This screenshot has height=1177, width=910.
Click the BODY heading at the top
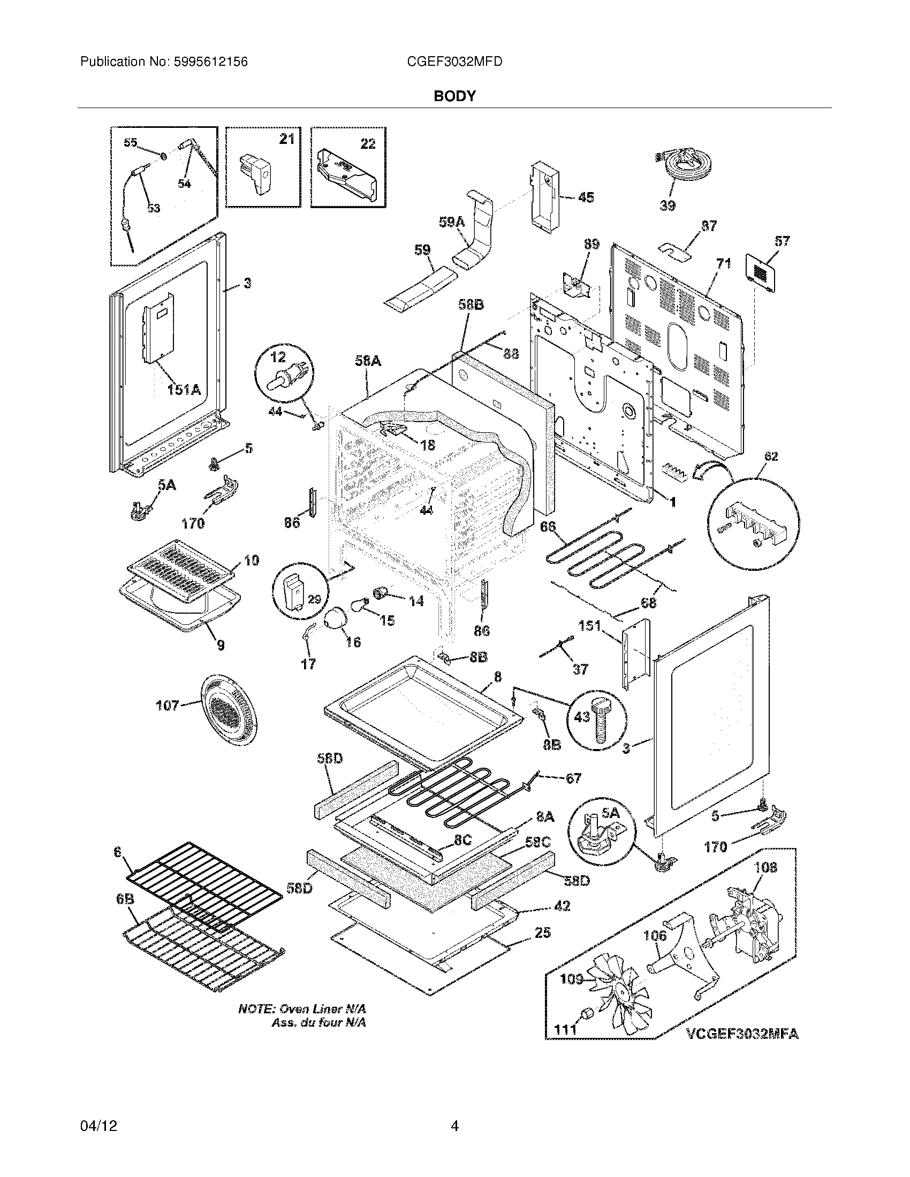tap(454, 96)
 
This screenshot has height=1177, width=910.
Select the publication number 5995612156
tap(211, 62)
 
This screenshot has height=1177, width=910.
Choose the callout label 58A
tap(368, 361)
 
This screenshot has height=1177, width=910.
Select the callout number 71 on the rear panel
tap(724, 264)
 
